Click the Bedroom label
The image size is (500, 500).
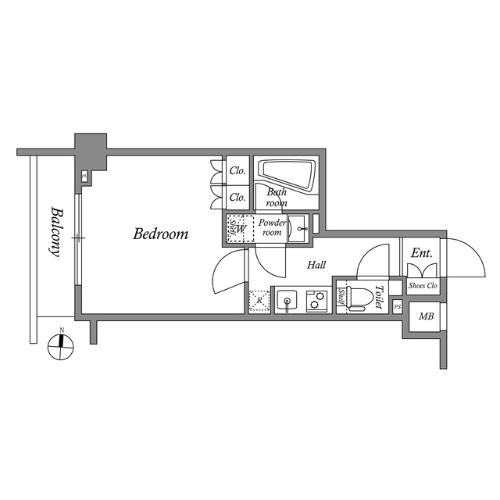(160, 234)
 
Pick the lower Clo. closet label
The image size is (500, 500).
(237, 198)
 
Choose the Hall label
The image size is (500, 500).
(316, 265)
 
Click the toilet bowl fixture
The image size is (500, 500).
(359, 298)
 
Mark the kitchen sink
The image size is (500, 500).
(287, 301)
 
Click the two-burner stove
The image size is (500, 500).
(316, 301)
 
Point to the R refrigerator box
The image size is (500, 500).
(258, 301)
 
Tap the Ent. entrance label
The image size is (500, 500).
(423, 253)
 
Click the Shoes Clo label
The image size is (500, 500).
(423, 286)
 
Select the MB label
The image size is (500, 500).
(426, 316)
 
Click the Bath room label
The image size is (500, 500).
(277, 197)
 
